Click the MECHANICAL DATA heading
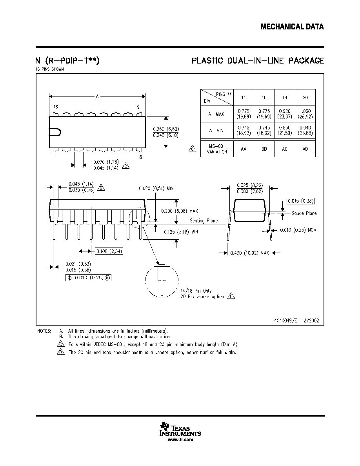click(292, 27)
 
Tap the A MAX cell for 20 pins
click(305, 114)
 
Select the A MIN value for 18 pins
click(285, 131)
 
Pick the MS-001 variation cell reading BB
click(264, 149)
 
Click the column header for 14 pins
click(244, 98)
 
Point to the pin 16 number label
click(56, 107)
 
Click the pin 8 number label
click(140, 157)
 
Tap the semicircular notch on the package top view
click(57, 132)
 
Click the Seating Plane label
click(204, 220)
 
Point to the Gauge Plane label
click(304, 213)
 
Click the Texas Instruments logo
click(180, 429)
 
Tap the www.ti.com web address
click(180, 440)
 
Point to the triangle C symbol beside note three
click(60, 344)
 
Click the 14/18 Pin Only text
click(196, 291)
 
